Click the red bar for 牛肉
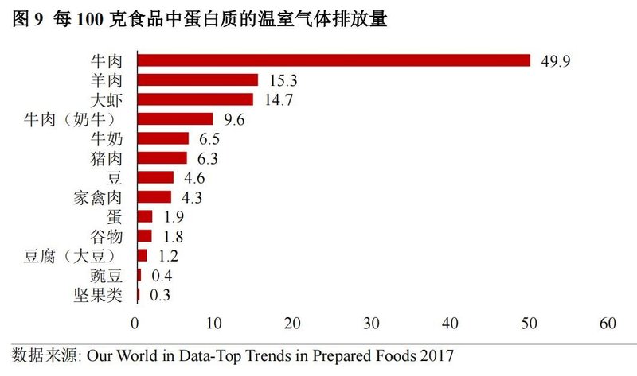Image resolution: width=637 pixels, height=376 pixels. click(x=334, y=60)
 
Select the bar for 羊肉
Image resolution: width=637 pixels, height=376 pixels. click(x=197, y=80)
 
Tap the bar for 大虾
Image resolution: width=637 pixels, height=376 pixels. click(x=195, y=99)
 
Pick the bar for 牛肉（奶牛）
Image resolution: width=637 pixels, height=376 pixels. click(x=175, y=119)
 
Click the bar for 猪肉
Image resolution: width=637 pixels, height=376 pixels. click(x=162, y=157)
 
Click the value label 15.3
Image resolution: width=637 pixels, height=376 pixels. click(x=283, y=80)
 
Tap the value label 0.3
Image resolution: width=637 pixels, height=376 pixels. click(x=158, y=295)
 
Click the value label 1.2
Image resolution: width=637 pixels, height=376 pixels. click(x=164, y=256)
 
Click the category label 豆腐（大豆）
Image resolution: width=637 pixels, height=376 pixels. click(x=71, y=256)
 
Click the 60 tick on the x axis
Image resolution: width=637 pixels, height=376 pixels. click(x=609, y=324)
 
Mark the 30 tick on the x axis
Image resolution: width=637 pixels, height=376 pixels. click(x=373, y=324)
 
